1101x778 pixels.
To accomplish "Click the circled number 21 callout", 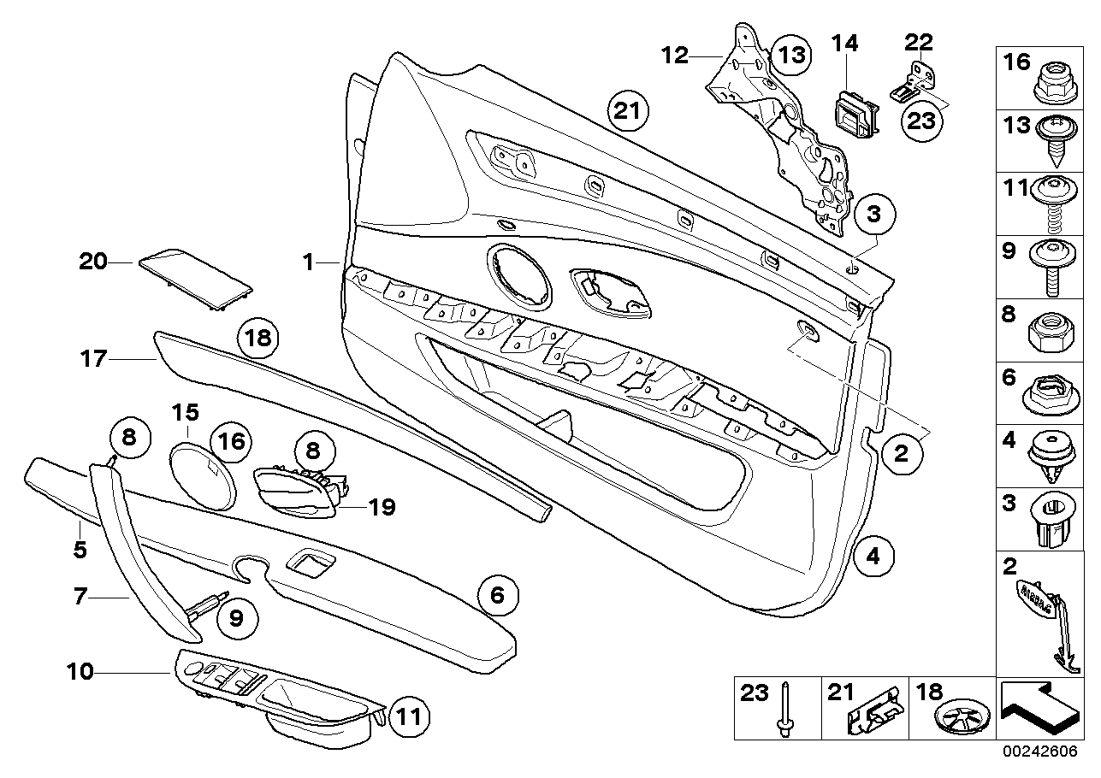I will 629,111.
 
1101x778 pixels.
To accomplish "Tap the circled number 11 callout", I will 411,716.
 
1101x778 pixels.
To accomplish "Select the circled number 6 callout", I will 498,596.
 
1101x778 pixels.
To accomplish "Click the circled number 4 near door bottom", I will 873,556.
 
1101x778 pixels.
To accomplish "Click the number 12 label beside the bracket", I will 675,56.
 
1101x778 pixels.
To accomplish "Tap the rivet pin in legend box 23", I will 784,710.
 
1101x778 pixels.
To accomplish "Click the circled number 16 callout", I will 232,441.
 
